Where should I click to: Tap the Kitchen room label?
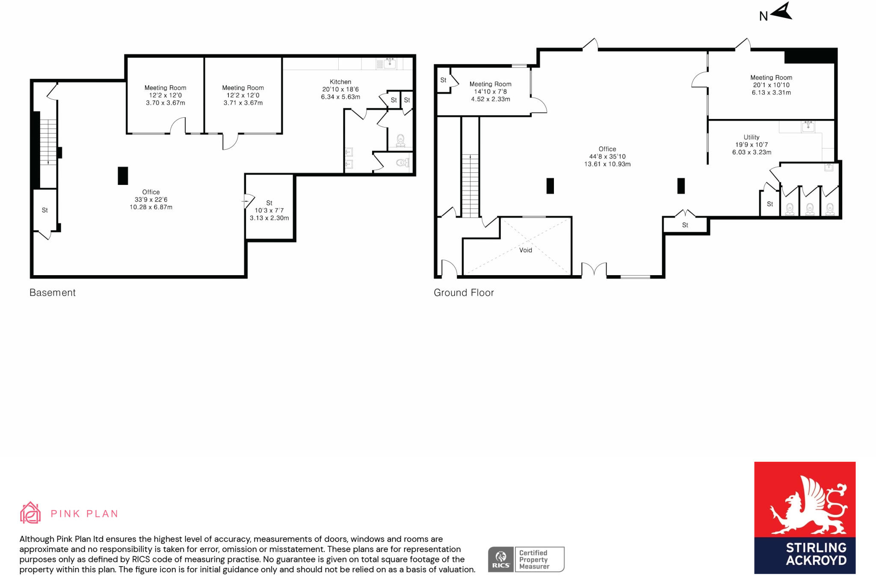pos(340,82)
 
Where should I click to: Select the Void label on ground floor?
pos(525,250)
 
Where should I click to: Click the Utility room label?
pos(751,137)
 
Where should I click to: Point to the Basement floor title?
pos(53,293)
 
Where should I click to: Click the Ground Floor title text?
pos(464,293)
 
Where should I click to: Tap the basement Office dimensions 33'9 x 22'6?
pos(151,199)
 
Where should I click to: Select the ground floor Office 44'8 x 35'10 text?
pos(607,157)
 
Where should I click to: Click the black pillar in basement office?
pos(123,175)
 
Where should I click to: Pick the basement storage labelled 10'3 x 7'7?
pos(269,210)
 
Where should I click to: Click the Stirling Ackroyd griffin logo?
pos(805,505)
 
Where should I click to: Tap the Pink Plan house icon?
pos(30,513)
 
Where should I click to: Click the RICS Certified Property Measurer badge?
pos(526,559)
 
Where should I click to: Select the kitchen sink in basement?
pos(389,63)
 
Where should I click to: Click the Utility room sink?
pos(808,126)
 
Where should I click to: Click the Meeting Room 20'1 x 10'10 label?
pos(771,85)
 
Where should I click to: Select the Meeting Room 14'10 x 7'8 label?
pos(490,92)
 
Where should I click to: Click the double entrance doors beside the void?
pos(594,269)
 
